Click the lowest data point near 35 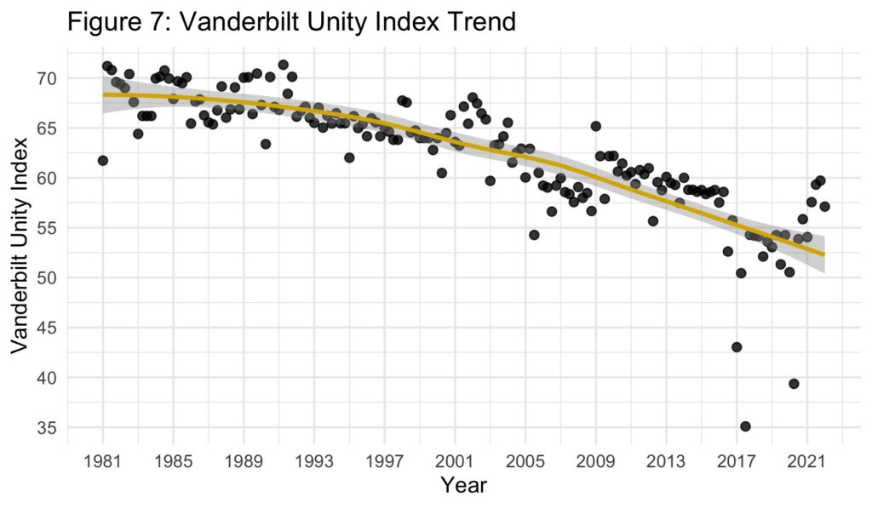(x=745, y=426)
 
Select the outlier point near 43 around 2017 (x=737, y=347)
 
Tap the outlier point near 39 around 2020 (x=794, y=384)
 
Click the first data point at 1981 (x=103, y=161)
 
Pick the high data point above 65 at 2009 (x=595, y=126)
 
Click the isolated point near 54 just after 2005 (x=534, y=235)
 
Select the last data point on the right (x=824, y=206)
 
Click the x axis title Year (x=463, y=486)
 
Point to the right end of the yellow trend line (x=823, y=254)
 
